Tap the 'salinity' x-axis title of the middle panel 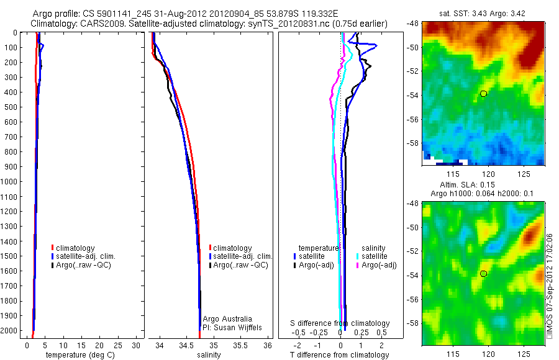209,355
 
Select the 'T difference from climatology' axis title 340,355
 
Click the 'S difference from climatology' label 340,323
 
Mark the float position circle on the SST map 483,93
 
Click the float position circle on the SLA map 483,274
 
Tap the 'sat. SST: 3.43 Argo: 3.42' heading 483,13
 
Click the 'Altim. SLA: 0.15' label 483,184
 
